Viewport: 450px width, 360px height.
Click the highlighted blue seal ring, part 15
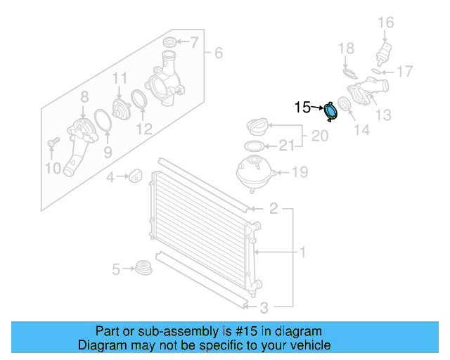(330, 112)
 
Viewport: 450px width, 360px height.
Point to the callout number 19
(300, 172)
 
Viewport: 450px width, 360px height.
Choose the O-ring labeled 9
(103, 120)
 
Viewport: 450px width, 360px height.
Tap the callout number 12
(144, 129)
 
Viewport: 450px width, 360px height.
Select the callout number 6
(218, 53)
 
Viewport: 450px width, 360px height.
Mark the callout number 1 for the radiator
(303, 252)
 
